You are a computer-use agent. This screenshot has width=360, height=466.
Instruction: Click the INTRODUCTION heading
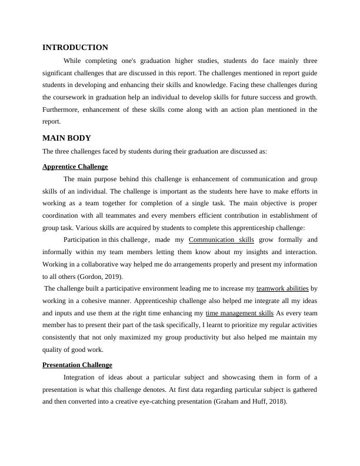tap(75, 48)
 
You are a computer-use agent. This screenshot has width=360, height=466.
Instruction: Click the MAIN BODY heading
tap(66, 138)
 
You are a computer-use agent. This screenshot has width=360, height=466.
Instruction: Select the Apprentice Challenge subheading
tap(75, 167)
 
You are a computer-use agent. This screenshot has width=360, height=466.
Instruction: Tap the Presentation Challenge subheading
tap(77, 365)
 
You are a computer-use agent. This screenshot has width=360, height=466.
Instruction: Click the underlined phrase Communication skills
tap(221, 239)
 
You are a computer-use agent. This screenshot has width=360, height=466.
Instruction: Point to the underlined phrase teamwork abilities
tap(282, 288)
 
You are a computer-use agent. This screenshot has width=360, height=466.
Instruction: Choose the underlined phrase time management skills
tap(239, 313)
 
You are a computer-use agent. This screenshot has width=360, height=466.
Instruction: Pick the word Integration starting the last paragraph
tap(82, 377)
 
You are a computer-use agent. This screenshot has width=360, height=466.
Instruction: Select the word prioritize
tap(239, 325)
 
